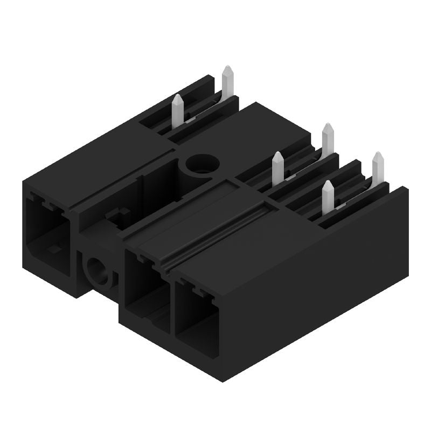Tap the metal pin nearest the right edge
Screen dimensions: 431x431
click(378, 167)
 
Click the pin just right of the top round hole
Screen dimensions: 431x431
click(278, 167)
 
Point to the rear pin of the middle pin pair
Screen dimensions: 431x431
click(328, 137)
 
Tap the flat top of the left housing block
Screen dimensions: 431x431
click(97, 162)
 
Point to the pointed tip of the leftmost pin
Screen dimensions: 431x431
click(177, 96)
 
